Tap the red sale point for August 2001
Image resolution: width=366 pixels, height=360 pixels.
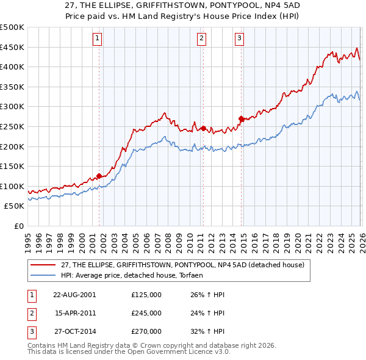99,176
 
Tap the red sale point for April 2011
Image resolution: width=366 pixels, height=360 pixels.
203,128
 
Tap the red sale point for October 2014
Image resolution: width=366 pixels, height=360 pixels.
241,118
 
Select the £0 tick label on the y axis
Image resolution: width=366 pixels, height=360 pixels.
20,226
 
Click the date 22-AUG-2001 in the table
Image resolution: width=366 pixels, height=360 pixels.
74,294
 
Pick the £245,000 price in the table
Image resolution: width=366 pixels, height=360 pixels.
146,313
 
